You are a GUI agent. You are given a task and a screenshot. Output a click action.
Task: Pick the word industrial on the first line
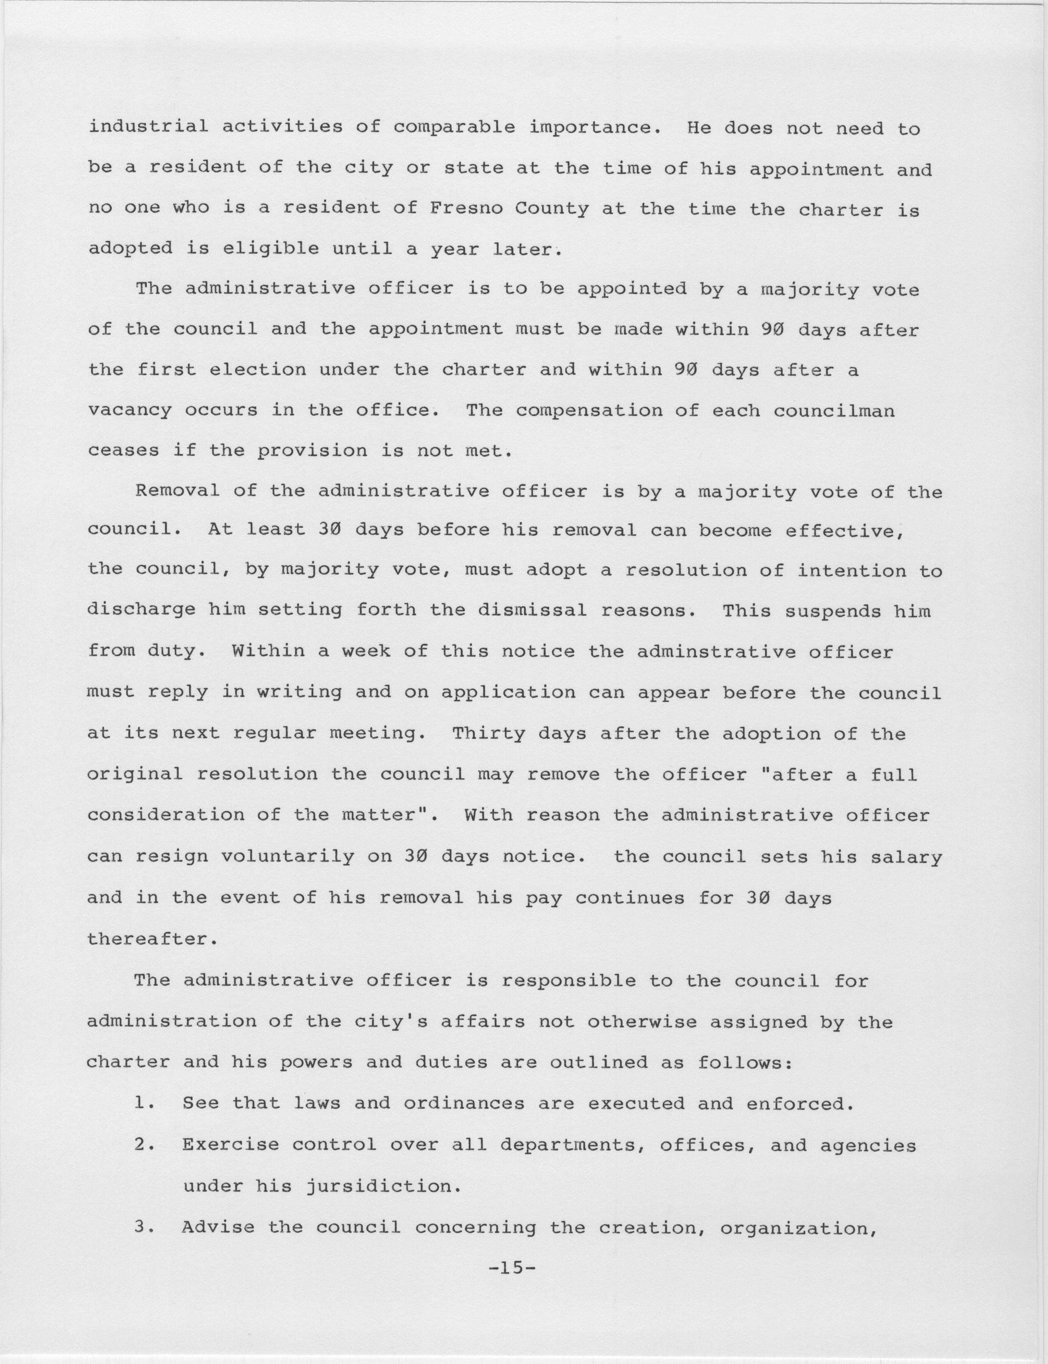pyautogui.click(x=148, y=127)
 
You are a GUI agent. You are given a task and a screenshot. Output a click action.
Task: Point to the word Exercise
pyautogui.click(x=231, y=1146)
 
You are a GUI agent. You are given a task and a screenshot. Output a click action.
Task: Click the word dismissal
pyautogui.click(x=532, y=611)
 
